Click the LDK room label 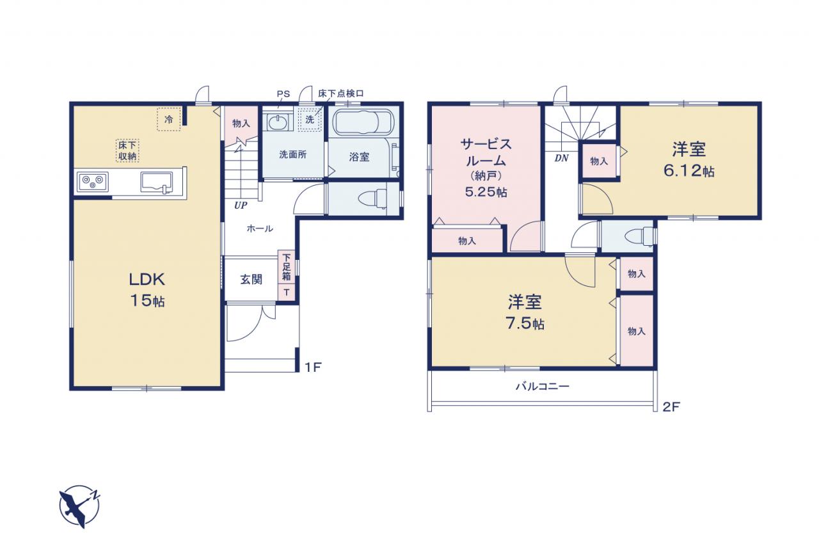coord(147,280)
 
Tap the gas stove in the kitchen coord(93,182)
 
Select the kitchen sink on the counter coord(157,182)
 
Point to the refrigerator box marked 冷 coord(168,119)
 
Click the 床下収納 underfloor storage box coord(127,150)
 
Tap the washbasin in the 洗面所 coord(278,122)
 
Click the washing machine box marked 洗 coord(310,119)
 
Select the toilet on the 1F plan coord(373,199)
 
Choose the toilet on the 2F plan coord(639,237)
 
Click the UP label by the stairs coord(241,205)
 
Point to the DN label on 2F coord(561,158)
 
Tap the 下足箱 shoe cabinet coord(287,267)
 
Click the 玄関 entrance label coord(251,280)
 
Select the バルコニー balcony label coord(543,386)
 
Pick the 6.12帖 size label coord(689,171)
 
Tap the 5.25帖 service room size coord(486,191)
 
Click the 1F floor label coord(313,367)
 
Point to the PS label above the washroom coord(283,94)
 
